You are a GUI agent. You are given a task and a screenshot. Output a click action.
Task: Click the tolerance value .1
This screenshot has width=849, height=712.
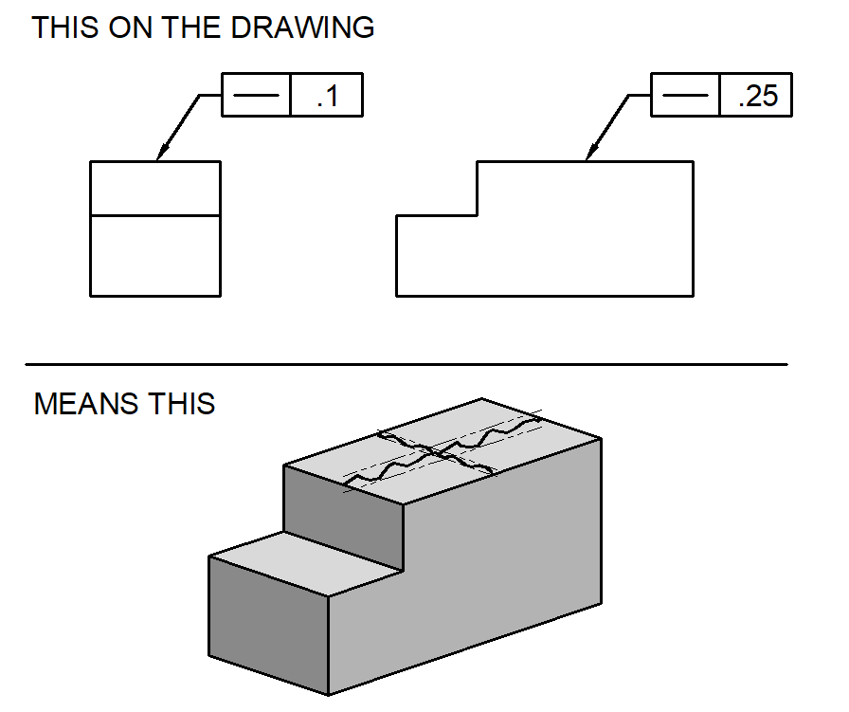point(327,97)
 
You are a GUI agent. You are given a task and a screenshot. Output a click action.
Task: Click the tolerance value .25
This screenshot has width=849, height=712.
point(755,97)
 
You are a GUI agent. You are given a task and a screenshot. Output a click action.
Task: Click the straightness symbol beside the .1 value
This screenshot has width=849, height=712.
point(256,97)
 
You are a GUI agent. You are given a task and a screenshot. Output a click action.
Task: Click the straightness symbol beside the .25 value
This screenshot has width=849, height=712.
point(686,97)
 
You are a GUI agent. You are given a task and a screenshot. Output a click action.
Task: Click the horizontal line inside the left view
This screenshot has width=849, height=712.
point(155,216)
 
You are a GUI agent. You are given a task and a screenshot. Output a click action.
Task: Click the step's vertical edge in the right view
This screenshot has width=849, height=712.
point(477,189)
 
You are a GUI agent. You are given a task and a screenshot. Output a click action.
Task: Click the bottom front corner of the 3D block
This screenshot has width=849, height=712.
point(328,695)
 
